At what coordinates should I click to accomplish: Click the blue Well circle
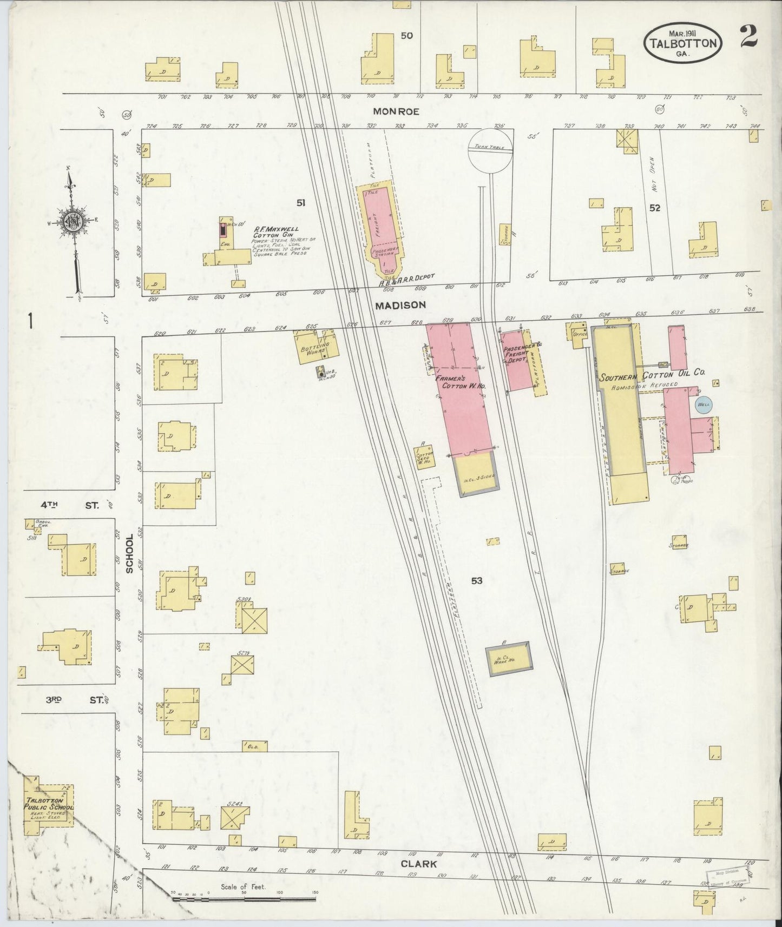click(703, 405)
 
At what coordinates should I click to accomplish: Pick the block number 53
click(476, 581)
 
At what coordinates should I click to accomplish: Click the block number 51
click(301, 203)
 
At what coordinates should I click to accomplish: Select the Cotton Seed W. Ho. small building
click(424, 455)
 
